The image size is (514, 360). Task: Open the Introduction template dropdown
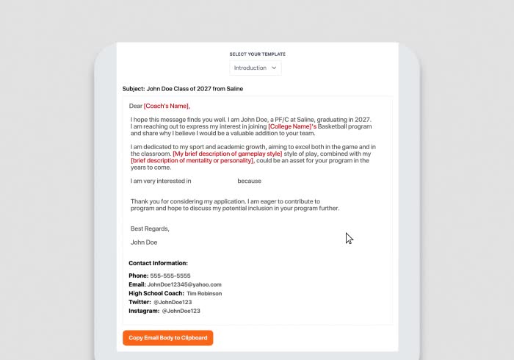coord(256,68)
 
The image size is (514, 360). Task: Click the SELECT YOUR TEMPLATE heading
coord(257,54)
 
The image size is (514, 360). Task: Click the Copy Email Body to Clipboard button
coord(167,338)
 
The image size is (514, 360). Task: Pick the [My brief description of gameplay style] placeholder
coord(227,154)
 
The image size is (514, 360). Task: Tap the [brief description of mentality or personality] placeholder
coord(192,160)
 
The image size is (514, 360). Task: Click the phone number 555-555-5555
coord(170,276)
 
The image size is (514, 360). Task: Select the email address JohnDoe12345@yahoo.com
coord(184,284)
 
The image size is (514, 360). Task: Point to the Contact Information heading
coord(158,263)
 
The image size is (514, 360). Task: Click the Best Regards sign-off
coord(150,228)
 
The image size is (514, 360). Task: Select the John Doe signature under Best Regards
coord(144,242)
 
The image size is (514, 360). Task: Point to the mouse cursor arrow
coord(349,237)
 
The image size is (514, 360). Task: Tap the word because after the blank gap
coord(249,181)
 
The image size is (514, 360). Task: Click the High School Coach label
coord(156,293)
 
